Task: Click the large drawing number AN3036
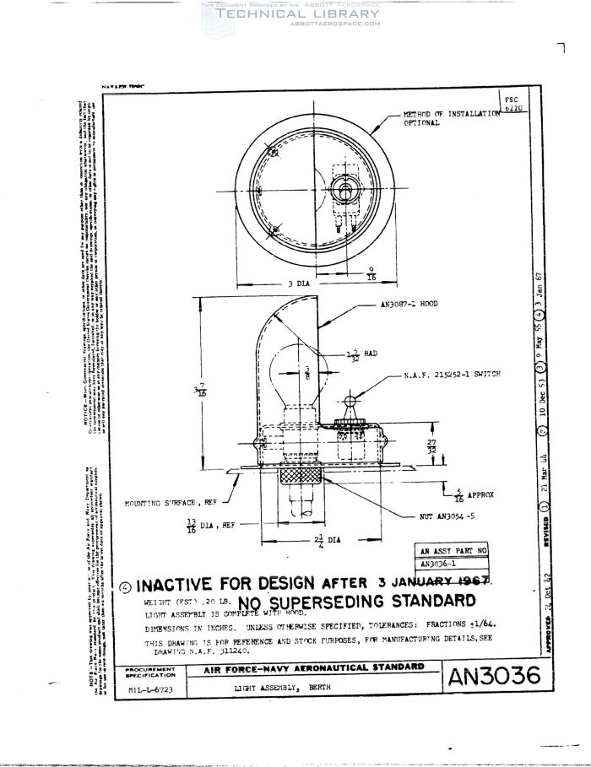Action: coord(493,678)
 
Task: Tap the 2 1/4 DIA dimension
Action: coord(313,541)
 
